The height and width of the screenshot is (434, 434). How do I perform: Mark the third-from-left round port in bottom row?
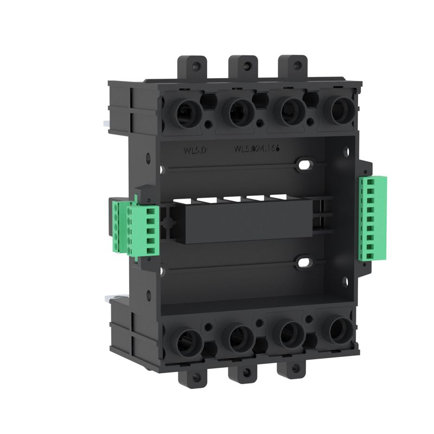point(288,333)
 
